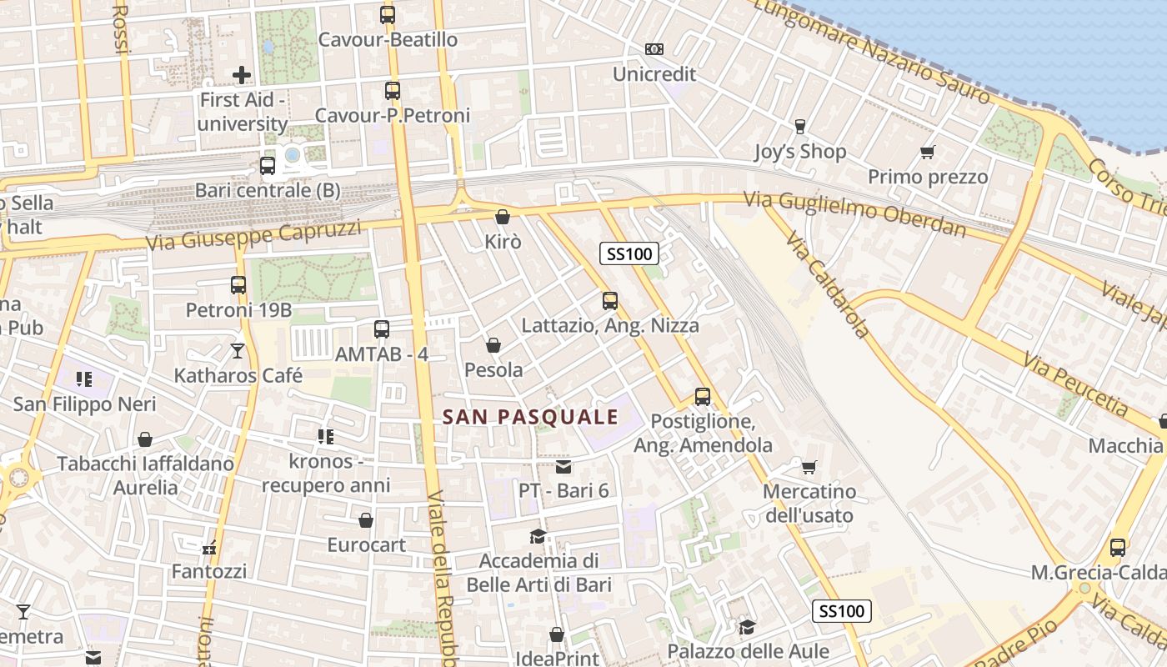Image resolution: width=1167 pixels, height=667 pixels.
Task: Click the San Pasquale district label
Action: [530, 417]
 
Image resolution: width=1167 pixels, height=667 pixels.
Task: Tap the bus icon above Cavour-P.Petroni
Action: [392, 91]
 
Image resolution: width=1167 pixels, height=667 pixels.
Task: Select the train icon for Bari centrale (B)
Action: [267, 165]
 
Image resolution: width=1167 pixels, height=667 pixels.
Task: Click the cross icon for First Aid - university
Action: [242, 75]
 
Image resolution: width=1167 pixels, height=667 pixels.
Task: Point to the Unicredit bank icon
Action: [654, 49]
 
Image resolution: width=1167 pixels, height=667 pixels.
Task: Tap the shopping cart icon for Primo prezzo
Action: [927, 152]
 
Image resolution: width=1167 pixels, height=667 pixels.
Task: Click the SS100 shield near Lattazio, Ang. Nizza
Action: [629, 253]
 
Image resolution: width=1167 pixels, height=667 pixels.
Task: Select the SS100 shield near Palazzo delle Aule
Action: [842, 611]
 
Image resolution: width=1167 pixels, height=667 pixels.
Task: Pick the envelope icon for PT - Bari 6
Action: [563, 466]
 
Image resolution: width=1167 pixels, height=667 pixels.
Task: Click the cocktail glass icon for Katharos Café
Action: [238, 351]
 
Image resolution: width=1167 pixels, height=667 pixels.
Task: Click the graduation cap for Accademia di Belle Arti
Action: [538, 536]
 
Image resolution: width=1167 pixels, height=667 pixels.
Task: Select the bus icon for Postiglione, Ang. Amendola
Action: [703, 396]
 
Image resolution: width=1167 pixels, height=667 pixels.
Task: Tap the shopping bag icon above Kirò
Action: [503, 217]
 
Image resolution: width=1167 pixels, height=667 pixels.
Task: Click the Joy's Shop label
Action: [799, 152]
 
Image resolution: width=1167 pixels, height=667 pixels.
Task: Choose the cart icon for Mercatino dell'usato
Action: [809, 466]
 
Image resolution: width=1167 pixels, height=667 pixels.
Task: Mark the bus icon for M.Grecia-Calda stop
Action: [1118, 548]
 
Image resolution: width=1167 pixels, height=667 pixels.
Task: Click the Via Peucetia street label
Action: [1076, 384]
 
